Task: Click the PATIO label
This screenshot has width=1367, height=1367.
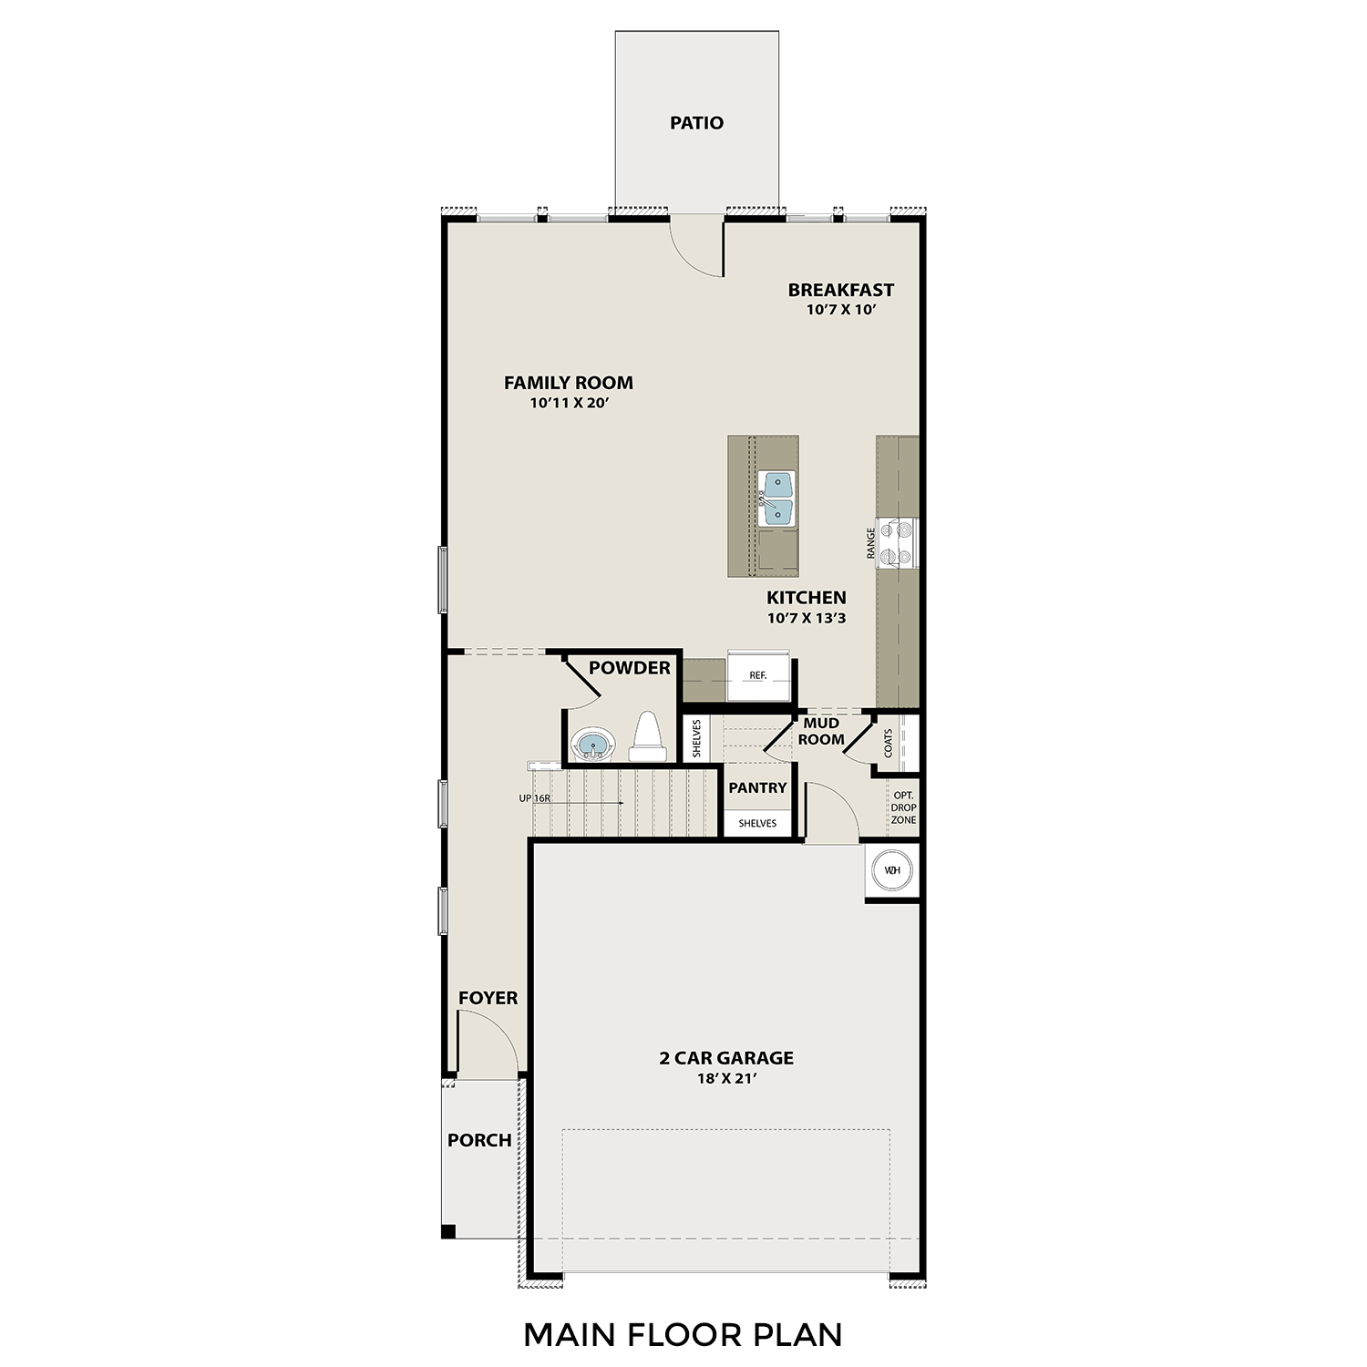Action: pos(696,123)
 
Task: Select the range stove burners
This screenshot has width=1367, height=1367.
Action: pos(904,542)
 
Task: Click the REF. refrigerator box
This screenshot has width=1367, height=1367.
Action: pos(758,676)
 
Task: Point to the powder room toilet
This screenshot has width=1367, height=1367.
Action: pos(647,737)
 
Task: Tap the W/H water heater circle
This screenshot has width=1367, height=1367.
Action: pos(892,870)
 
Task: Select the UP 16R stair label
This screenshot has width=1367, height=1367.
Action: pos(535,798)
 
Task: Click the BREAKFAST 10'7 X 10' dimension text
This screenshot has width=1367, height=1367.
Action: pos(840,310)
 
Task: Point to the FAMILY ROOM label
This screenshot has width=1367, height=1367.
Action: pos(569,383)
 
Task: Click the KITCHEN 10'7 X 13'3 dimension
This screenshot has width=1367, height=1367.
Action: pos(807,618)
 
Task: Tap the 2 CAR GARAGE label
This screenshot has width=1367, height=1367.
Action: pos(726,1058)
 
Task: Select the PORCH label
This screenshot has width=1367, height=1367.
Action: pos(479,1140)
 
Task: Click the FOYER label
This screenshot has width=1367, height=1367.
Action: pos(488,998)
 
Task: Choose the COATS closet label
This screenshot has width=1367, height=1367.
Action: pos(889,743)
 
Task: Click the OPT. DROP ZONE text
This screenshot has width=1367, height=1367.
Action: pos(903,807)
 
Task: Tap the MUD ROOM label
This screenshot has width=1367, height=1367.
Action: pos(821,731)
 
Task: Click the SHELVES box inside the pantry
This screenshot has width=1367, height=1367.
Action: pos(757,823)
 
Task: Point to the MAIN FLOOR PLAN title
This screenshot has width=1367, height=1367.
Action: pos(683,1334)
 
